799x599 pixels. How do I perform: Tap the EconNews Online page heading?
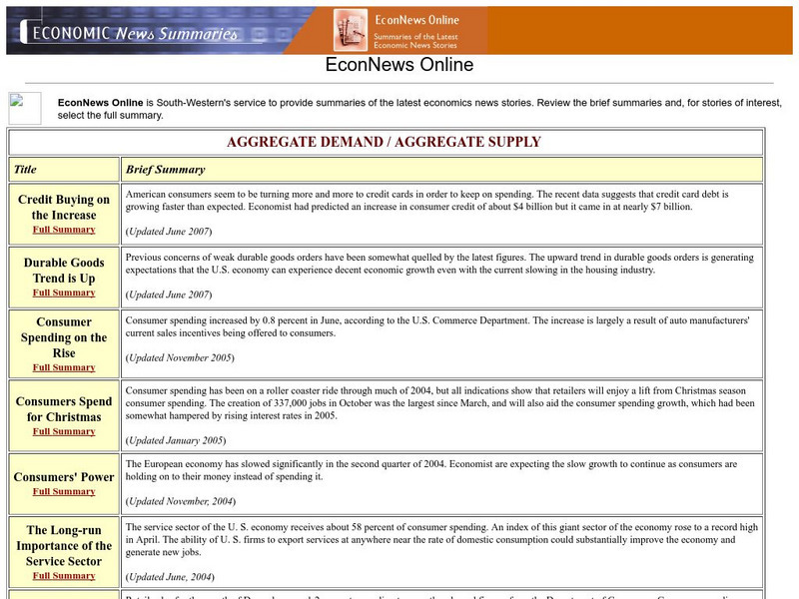click(399, 66)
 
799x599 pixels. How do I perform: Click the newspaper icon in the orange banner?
click(351, 30)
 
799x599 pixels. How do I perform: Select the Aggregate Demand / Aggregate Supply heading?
click(384, 142)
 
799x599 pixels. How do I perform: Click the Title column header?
click(25, 170)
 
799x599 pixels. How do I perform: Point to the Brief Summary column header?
click(165, 170)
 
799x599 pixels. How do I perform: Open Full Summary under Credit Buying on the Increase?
click(64, 230)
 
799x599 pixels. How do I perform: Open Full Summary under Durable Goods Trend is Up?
click(64, 294)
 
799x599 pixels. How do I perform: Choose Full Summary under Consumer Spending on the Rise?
click(64, 367)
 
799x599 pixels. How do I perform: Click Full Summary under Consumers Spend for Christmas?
click(64, 432)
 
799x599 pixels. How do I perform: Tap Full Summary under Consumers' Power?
click(64, 492)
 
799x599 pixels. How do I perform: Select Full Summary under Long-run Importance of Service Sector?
click(64, 576)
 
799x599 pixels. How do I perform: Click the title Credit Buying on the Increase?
click(64, 208)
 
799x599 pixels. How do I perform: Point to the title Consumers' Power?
click(64, 477)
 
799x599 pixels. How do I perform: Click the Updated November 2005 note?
click(179, 357)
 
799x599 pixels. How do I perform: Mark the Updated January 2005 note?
click(176, 440)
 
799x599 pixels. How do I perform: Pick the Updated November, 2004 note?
click(180, 500)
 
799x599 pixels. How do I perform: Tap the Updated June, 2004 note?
click(171, 576)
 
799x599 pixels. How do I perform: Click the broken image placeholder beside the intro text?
click(25, 108)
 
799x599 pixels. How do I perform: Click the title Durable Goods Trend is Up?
click(64, 272)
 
